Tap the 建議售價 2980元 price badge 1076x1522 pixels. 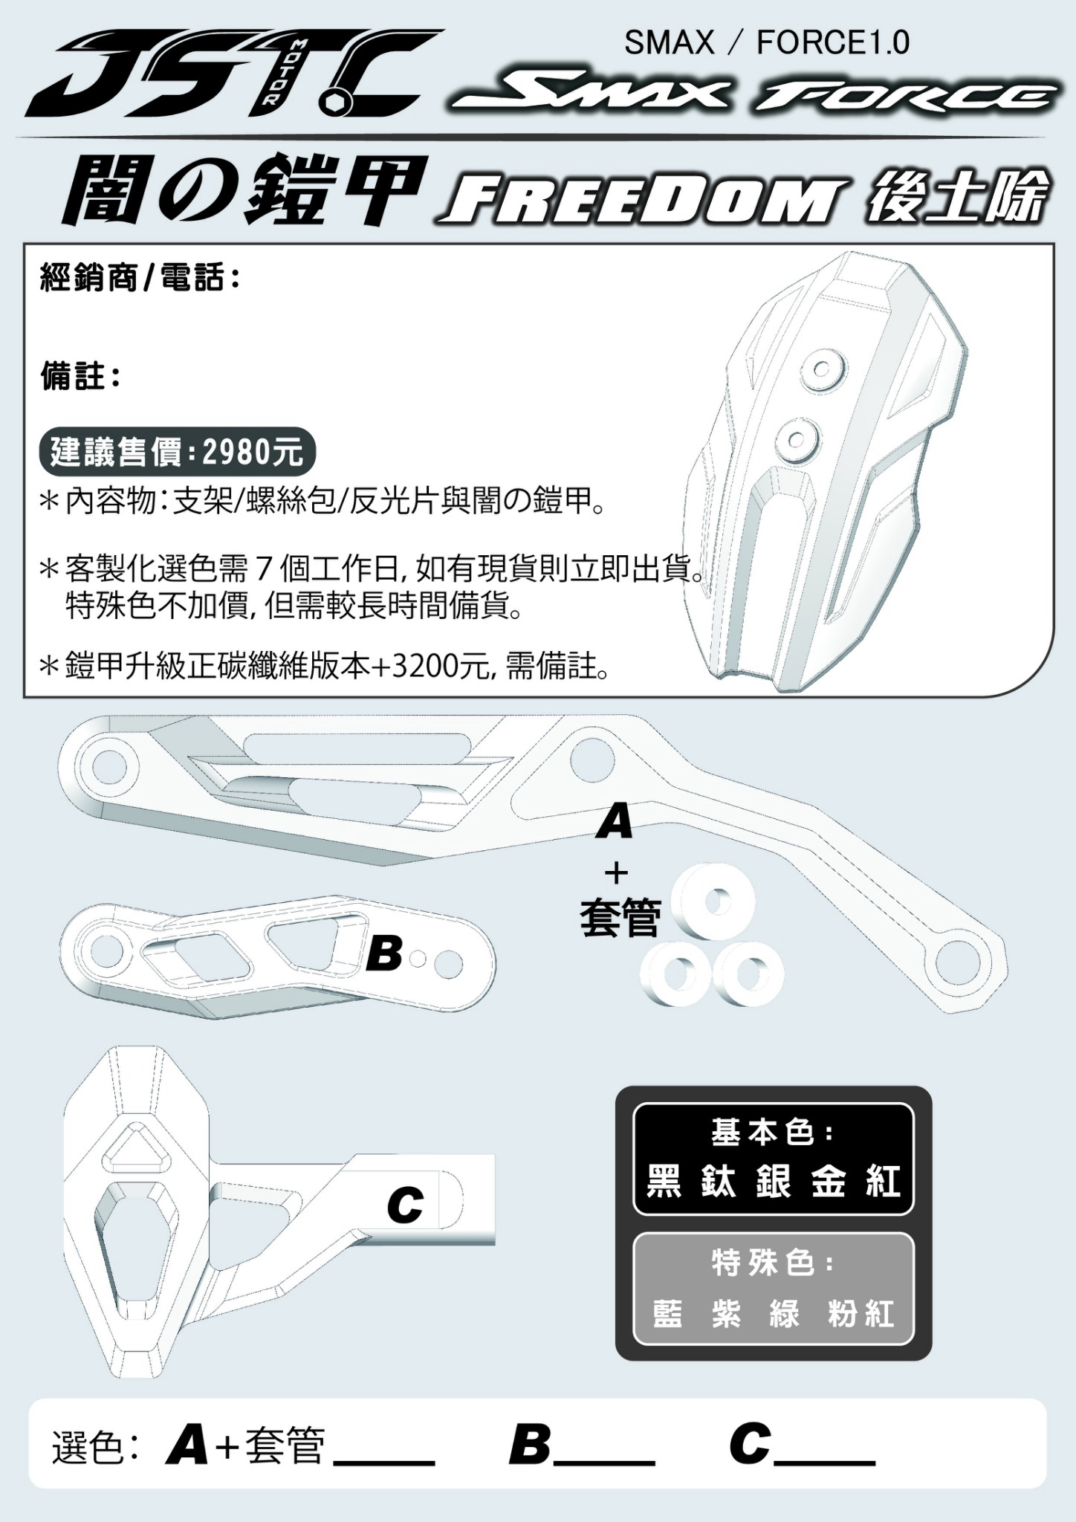(177, 451)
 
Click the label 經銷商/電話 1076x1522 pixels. (140, 279)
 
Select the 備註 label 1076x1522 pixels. (80, 377)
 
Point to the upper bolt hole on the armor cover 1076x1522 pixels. (822, 369)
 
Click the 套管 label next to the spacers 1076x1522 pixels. (620, 917)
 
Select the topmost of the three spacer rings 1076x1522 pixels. (713, 903)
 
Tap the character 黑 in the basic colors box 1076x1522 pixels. (664, 1180)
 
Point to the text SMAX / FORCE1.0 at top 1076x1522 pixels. (767, 43)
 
